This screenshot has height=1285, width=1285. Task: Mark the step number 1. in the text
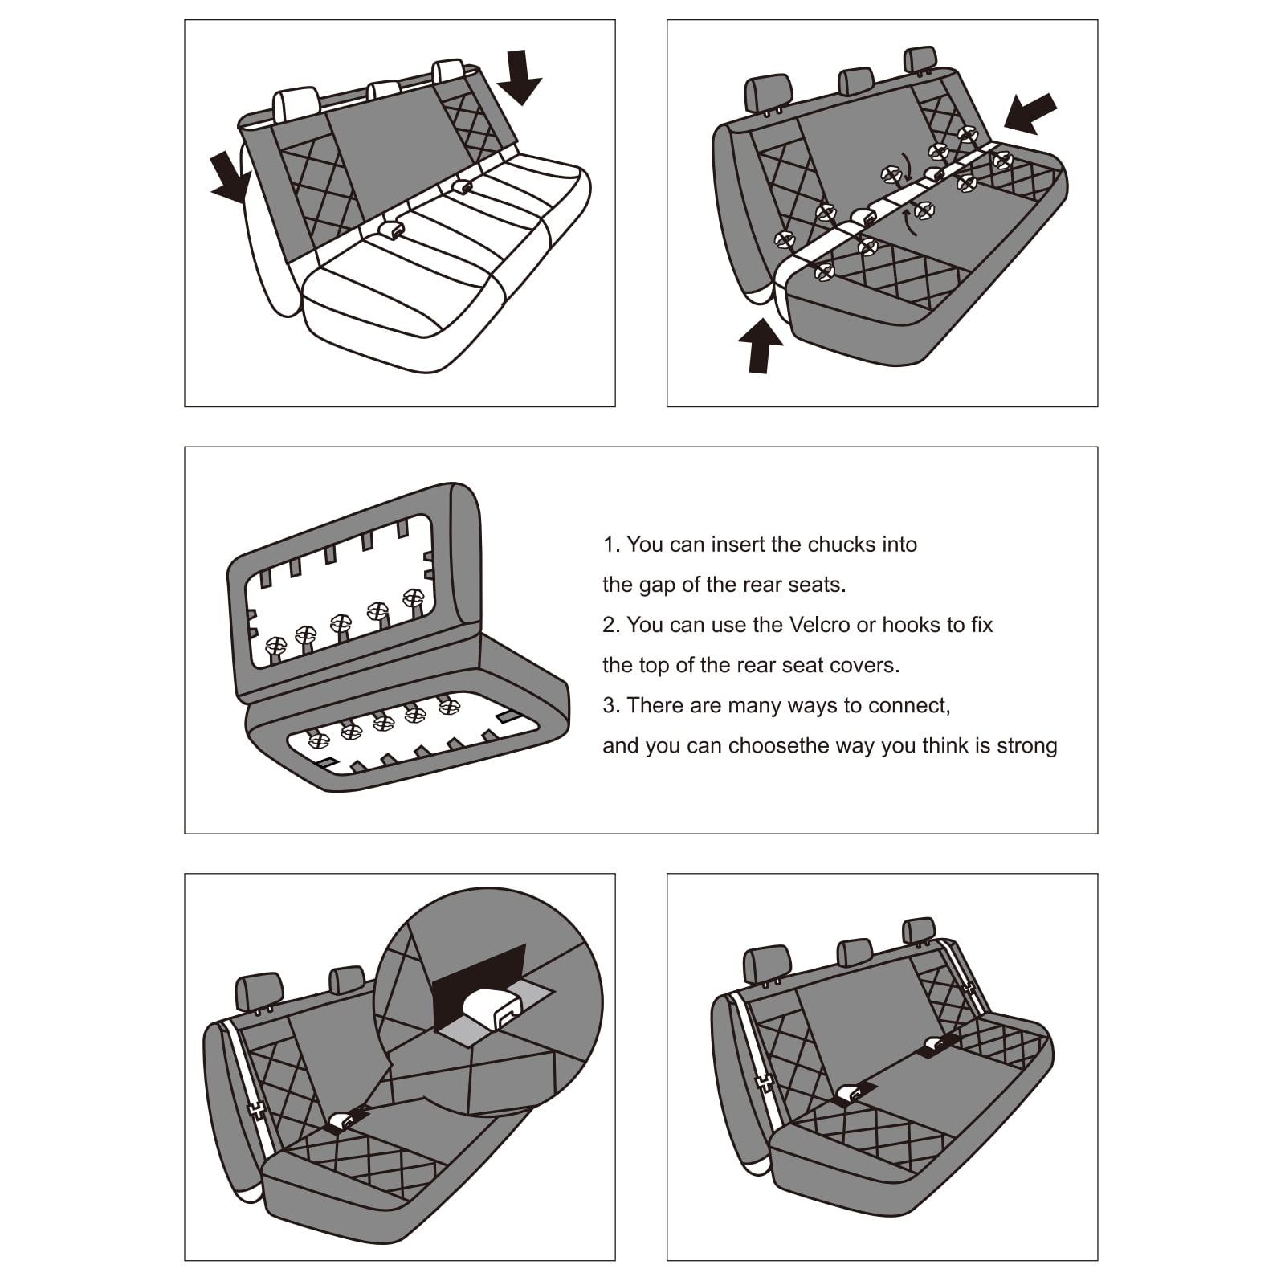[x=611, y=545]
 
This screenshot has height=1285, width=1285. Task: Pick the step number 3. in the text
[x=611, y=706]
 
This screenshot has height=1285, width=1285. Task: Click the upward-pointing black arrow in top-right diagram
[x=760, y=345]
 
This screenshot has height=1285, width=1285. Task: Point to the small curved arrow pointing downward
[x=907, y=167]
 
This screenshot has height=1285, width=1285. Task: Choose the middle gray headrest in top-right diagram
[x=855, y=81]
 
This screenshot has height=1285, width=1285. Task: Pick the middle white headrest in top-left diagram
[x=384, y=91]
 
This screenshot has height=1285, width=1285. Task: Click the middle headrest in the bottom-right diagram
[x=855, y=953]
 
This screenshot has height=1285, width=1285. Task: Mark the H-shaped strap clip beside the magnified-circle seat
[x=256, y=1110]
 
